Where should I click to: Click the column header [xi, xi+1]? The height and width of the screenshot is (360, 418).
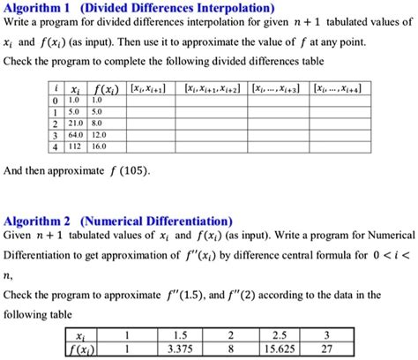coord(146,89)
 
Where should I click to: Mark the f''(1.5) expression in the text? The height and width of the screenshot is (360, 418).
coord(213,295)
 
